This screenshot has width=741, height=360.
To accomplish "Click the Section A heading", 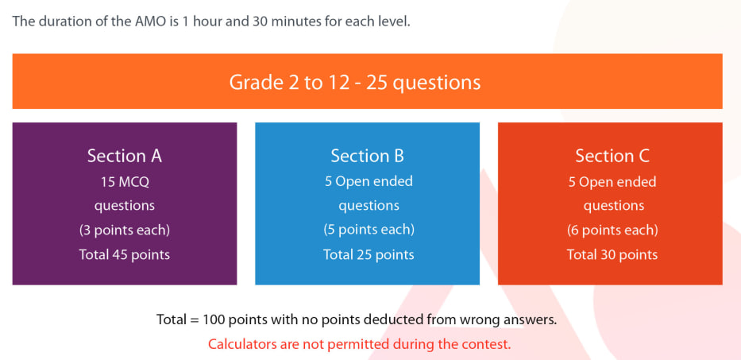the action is (x=124, y=156).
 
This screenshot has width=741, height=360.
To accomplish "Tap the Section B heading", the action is (x=367, y=156).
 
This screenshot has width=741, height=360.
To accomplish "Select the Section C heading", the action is (x=612, y=156).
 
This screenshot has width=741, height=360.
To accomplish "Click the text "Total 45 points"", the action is (x=124, y=254).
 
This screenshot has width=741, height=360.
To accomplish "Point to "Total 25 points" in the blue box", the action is (x=369, y=254).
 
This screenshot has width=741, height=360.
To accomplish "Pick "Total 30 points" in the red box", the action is (x=612, y=254).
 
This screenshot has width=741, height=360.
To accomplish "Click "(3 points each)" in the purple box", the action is (x=124, y=230).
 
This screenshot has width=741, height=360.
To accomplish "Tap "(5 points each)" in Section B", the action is (x=369, y=230).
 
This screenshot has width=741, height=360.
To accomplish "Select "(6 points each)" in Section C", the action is (x=612, y=230).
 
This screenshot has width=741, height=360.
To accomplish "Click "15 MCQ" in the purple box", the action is (x=124, y=182).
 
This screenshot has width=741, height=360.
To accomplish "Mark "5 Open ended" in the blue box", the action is (x=369, y=182).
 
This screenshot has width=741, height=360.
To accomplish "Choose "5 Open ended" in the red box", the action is (x=612, y=182).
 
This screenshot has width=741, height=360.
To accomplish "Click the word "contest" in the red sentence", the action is (x=490, y=344).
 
